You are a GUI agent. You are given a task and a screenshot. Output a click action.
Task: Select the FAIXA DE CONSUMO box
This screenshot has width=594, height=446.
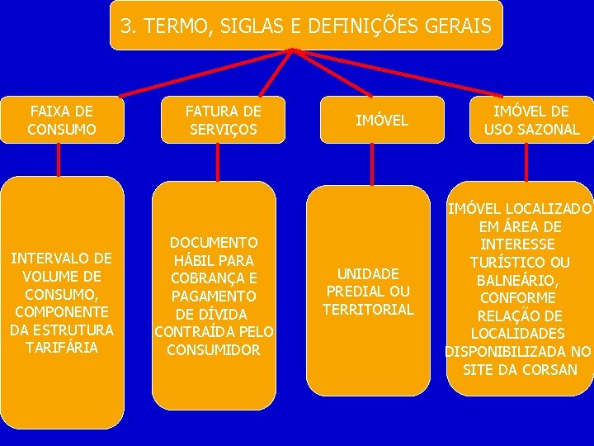click(61, 120)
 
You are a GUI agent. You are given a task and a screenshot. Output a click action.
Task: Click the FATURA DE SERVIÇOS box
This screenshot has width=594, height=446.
click(223, 120)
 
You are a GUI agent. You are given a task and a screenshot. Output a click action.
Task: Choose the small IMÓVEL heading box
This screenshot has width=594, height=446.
click(381, 121)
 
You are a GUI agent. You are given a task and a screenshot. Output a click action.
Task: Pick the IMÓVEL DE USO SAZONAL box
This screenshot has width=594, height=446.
click(531, 120)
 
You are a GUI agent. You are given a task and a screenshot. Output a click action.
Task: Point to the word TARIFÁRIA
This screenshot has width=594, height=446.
click(61, 348)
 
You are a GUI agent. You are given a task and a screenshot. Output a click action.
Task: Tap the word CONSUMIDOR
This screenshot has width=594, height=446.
click(214, 349)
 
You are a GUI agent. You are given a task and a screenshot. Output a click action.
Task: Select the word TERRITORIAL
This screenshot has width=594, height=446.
click(368, 310)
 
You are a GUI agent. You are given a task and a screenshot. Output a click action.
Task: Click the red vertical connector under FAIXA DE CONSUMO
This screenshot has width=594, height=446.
click(59, 159)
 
